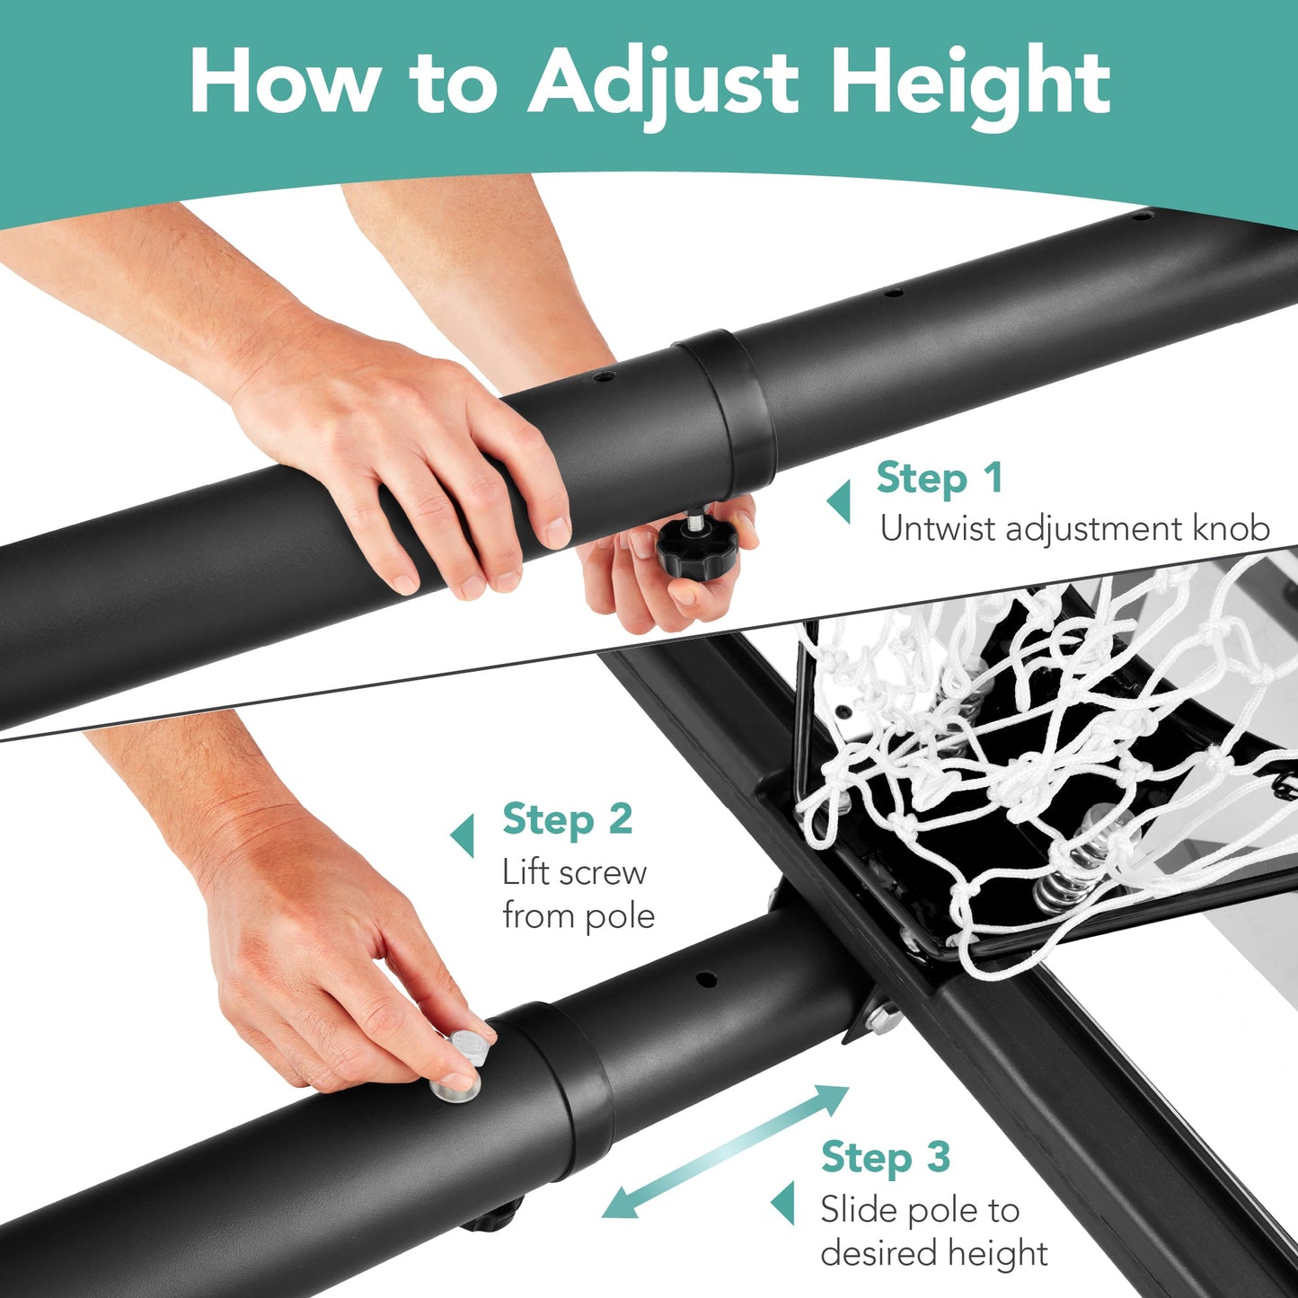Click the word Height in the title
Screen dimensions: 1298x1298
click(x=970, y=83)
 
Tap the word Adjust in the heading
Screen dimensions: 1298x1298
click(x=663, y=83)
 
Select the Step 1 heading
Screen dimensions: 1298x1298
click(x=939, y=478)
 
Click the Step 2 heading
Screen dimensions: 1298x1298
click(x=567, y=820)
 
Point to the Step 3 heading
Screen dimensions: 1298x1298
click(x=885, y=1158)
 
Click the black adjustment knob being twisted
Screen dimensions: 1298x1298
click(x=695, y=545)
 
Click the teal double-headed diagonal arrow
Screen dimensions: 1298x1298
click(x=725, y=1151)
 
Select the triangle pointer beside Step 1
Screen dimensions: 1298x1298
click(x=839, y=501)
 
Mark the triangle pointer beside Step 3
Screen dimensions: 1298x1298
click(x=783, y=1203)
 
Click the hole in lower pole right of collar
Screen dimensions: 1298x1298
click(x=706, y=977)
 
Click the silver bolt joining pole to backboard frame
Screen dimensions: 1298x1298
click(x=880, y=1020)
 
